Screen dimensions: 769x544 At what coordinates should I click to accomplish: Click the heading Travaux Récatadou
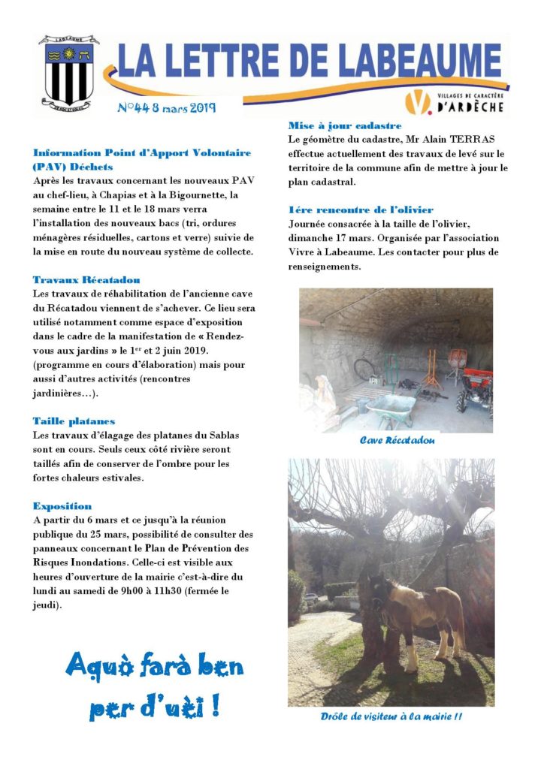(x=86, y=279)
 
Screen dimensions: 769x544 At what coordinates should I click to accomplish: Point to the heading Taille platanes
(x=74, y=421)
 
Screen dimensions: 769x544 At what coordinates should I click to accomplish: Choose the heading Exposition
(x=62, y=506)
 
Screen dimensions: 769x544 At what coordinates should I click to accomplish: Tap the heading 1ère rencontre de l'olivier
(x=361, y=210)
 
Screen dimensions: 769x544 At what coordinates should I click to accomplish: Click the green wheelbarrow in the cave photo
(x=391, y=409)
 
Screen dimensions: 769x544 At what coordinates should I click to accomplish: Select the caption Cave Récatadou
(x=397, y=441)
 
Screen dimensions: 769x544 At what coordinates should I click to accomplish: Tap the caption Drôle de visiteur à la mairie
(x=391, y=716)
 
